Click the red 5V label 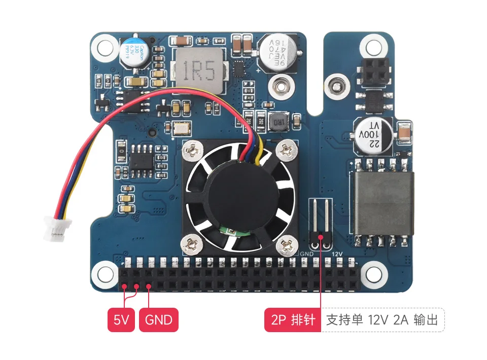pyautogui.click(x=121, y=320)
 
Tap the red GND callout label pyautogui.click(x=158, y=320)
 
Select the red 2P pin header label pyautogui.click(x=293, y=320)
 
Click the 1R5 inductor pyautogui.click(x=199, y=71)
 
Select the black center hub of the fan pyautogui.click(x=238, y=195)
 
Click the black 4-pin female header pyautogui.click(x=374, y=70)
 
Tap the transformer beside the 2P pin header pyautogui.click(x=384, y=202)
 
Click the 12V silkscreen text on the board pyautogui.click(x=338, y=254)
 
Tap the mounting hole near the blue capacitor pyautogui.click(x=105, y=47)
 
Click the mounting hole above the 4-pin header pyautogui.click(x=374, y=47)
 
